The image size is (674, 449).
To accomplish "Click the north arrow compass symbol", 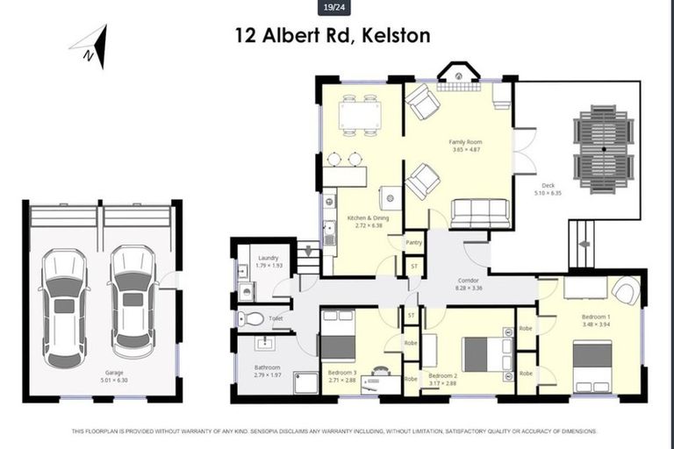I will tap(95, 46).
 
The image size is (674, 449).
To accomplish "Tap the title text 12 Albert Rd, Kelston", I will tap(332, 36).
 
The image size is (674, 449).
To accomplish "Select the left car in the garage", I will tap(64, 307).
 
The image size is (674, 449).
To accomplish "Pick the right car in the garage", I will tap(133, 301).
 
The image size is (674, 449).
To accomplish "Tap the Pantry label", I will tap(414, 243).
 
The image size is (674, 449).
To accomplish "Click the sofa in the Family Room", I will tap(479, 212).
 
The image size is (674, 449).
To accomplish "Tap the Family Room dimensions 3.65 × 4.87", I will tap(466, 149).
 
